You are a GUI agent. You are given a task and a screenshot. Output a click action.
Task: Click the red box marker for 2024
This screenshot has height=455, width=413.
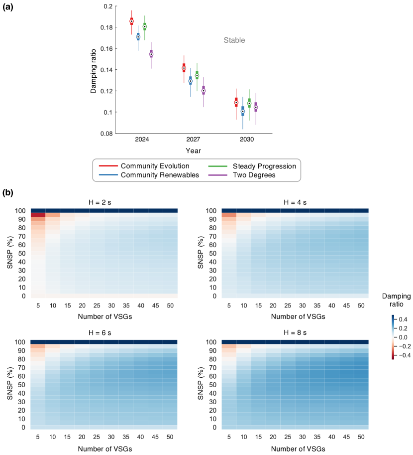[x=131, y=21]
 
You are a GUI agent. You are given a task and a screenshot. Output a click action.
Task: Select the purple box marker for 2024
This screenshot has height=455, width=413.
[x=151, y=54]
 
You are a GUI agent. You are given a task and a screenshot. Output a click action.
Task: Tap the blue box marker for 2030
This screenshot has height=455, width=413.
[x=243, y=111]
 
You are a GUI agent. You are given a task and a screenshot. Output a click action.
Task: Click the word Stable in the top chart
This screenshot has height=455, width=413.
[x=234, y=40]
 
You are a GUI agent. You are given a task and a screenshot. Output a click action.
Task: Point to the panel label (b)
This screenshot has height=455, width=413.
[x=9, y=192]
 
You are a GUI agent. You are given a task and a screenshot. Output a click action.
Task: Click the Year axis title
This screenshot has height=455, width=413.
[x=194, y=150]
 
